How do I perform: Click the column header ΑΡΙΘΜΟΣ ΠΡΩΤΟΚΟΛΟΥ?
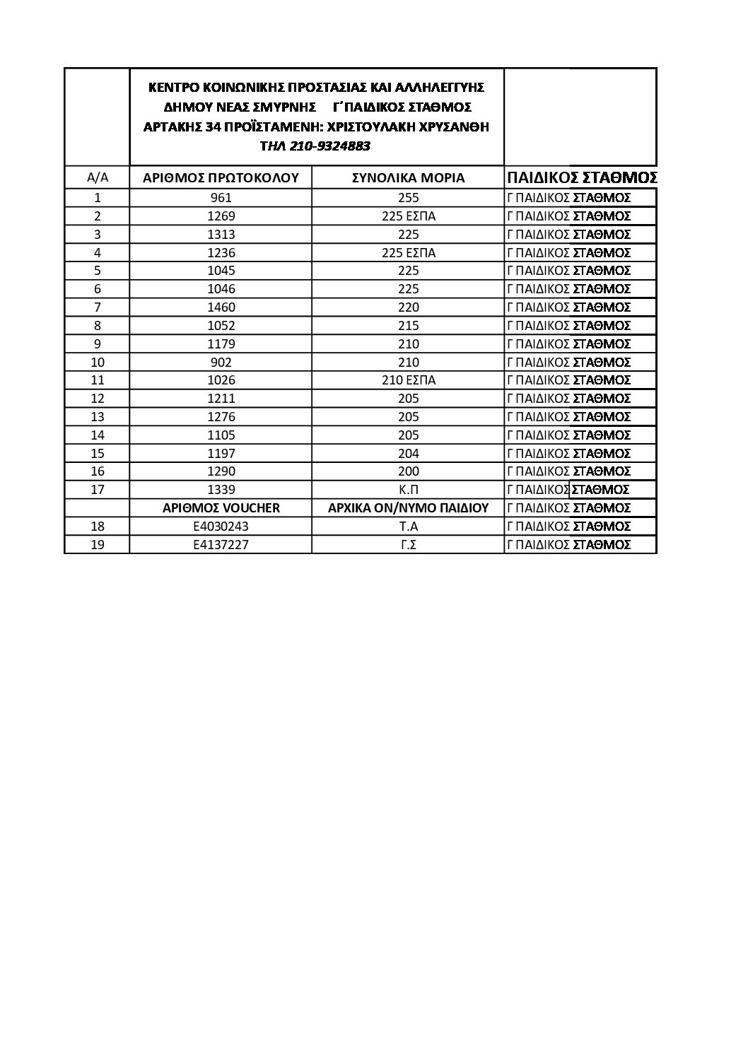click(221, 177)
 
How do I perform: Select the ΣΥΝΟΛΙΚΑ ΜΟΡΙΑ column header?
click(408, 177)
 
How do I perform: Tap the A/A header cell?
click(98, 177)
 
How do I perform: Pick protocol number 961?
click(221, 198)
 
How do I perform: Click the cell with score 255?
click(408, 198)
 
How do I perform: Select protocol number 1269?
click(221, 216)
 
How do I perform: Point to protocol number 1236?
click(221, 252)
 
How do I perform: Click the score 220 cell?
click(408, 307)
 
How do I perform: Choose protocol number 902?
click(221, 362)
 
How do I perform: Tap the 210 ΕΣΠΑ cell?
click(408, 380)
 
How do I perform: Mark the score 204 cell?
click(408, 453)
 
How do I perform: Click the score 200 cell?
click(408, 471)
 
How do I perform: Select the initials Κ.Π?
click(408, 490)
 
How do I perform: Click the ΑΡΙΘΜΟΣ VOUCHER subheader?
click(221, 507)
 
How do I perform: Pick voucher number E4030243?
click(221, 526)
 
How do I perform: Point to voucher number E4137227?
click(221, 544)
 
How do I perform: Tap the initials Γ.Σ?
click(408, 544)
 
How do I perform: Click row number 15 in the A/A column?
click(98, 453)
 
